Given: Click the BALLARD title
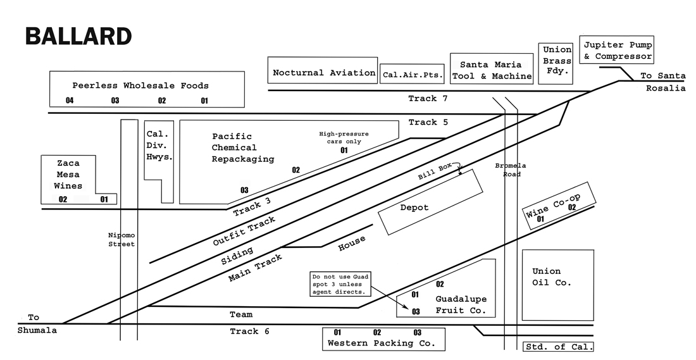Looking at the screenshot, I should (x=78, y=36).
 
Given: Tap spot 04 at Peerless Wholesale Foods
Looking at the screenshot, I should (x=70, y=101).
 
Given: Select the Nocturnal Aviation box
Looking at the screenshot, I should (x=323, y=73).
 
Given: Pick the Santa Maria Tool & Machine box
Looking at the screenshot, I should (x=492, y=70).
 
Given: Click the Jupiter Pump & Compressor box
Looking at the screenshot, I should (x=618, y=51).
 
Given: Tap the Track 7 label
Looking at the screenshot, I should (x=428, y=99).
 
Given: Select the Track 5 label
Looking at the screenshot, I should (x=428, y=122).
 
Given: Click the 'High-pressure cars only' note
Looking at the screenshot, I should (x=344, y=137).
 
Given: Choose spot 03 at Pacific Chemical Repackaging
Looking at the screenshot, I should (x=244, y=190).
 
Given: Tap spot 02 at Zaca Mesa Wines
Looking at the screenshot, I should (x=63, y=199).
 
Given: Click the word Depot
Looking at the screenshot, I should (x=414, y=208).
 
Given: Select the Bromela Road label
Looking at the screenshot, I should (x=511, y=170).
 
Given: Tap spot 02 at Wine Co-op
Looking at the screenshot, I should (x=571, y=206).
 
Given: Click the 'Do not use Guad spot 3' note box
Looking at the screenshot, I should (x=340, y=284).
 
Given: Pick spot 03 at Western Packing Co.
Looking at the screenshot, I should (x=417, y=332).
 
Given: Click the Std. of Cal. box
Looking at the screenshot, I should (x=559, y=347).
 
